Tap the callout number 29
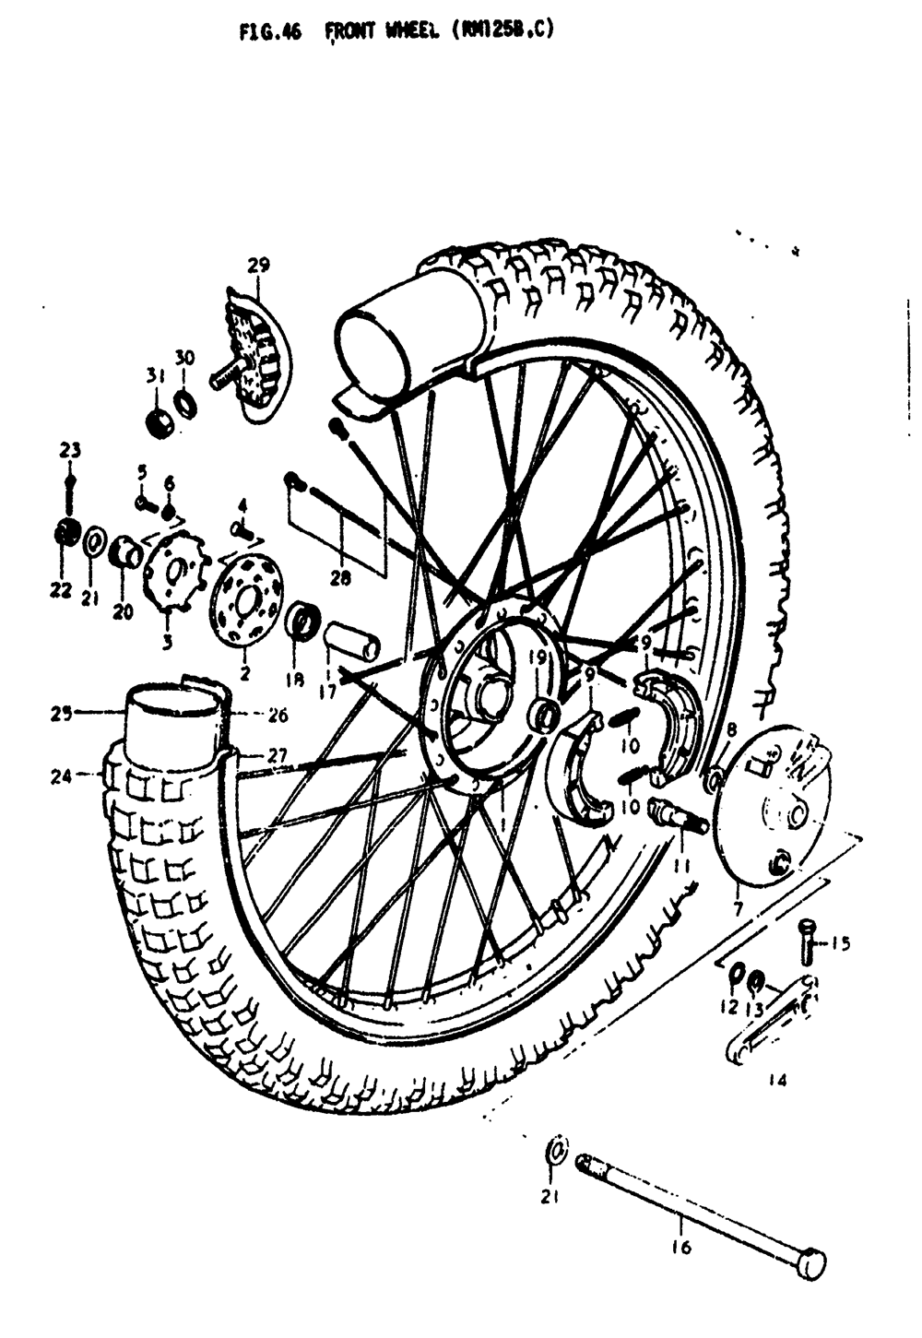[258, 266]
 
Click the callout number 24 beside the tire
[61, 776]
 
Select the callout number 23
[70, 451]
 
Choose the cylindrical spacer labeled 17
[350, 639]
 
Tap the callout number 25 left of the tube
[61, 712]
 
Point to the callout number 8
[731, 730]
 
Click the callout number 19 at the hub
[538, 657]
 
